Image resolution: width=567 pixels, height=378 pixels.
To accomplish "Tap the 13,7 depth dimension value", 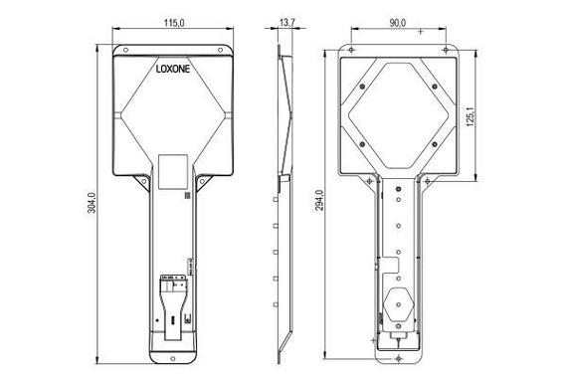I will click(287, 23).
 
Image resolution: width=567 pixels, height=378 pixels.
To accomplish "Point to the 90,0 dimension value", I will click(398, 23).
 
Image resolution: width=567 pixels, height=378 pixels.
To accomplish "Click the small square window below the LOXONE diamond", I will click(174, 169).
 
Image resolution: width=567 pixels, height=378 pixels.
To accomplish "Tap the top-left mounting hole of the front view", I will click(125, 48).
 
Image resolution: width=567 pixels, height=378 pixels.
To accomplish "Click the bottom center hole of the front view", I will click(176, 351).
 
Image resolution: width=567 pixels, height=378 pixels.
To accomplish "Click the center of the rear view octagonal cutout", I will click(397, 111).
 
